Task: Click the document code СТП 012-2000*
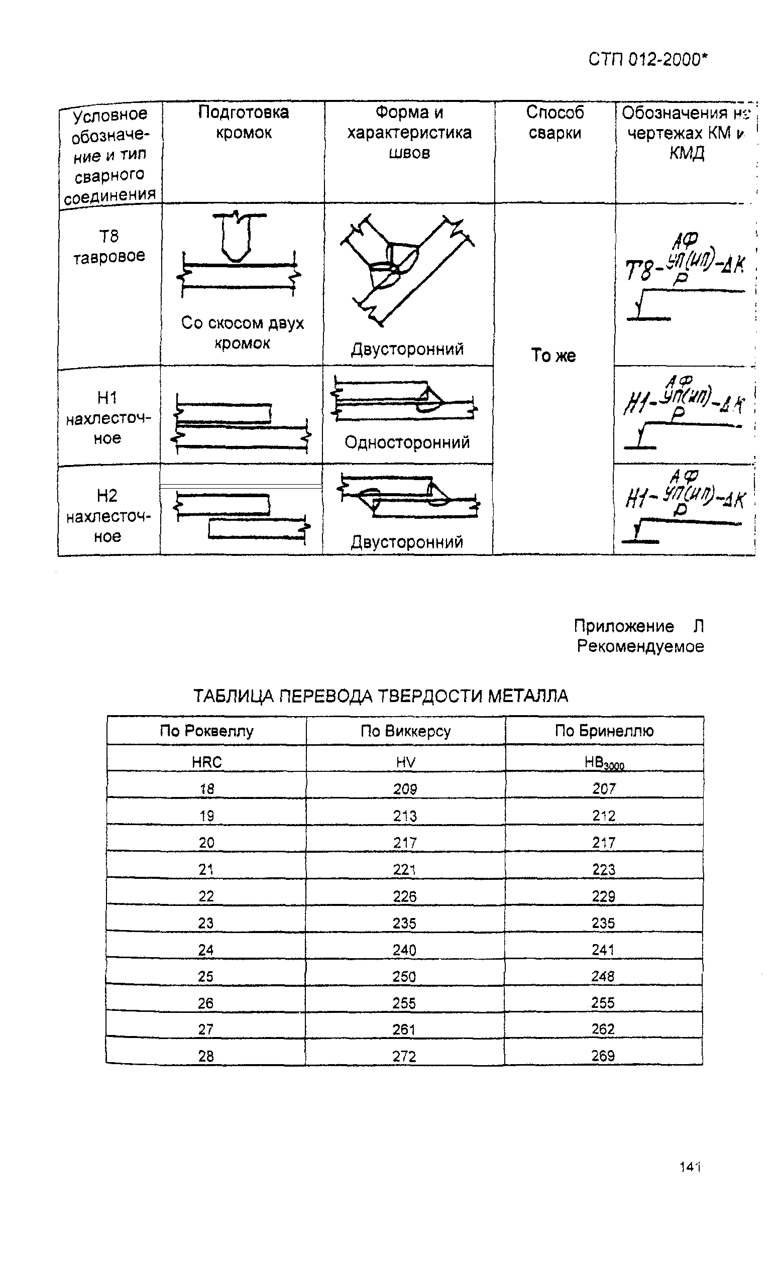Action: click(647, 60)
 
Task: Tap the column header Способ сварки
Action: click(554, 123)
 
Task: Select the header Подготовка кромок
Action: click(244, 123)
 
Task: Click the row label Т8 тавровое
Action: click(108, 247)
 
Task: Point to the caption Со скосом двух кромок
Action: click(243, 333)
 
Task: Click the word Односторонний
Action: click(407, 442)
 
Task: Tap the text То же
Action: click(553, 355)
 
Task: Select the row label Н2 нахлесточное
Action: click(107, 516)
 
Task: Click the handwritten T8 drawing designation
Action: click(685, 278)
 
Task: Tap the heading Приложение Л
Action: click(638, 626)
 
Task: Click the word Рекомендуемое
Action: click(640, 646)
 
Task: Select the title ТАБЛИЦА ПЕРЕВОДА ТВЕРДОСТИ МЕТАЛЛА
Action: click(381, 696)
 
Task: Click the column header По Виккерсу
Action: click(405, 731)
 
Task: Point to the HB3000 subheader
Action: click(604, 763)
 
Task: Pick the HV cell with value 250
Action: click(404, 976)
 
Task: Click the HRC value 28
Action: click(206, 1057)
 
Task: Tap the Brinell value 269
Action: click(603, 1056)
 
